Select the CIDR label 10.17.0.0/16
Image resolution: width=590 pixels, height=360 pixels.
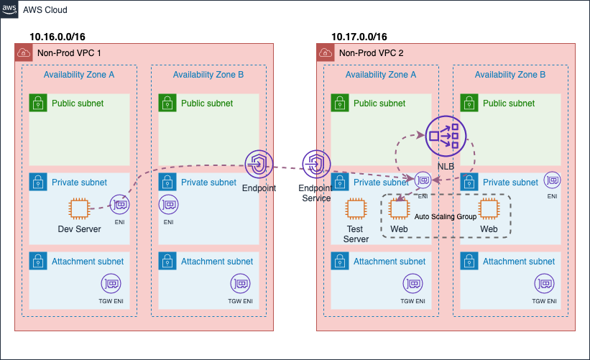[x=359, y=37]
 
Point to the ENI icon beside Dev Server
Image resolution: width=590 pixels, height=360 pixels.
[x=119, y=204]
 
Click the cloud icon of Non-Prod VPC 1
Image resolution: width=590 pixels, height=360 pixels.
[x=23, y=52]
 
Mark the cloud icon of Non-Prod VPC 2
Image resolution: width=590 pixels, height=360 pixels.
[x=325, y=52]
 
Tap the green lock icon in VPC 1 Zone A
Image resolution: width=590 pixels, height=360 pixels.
[x=38, y=103]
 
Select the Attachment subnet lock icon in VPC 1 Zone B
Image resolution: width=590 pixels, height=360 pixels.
[x=167, y=262]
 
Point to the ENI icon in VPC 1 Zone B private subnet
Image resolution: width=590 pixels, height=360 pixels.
[x=169, y=204]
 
